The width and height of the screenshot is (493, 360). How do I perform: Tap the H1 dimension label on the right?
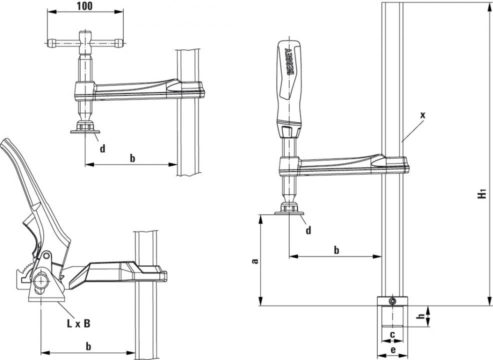point(481,194)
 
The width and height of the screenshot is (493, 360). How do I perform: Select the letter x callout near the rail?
point(422,115)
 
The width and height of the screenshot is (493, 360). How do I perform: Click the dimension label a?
point(254,260)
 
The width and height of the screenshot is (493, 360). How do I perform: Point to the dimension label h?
point(421,316)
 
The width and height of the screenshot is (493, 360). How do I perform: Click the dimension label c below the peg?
point(392,334)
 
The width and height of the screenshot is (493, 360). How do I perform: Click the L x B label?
point(78,323)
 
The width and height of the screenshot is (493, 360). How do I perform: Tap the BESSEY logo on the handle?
point(289,61)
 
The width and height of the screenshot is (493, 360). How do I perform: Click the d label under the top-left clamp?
point(102,148)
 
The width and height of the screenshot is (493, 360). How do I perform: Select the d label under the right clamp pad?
point(308,230)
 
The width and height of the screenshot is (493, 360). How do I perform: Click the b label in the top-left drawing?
point(132,158)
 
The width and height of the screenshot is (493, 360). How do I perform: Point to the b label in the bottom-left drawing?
point(88,346)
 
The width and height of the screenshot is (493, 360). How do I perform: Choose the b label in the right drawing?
point(336,250)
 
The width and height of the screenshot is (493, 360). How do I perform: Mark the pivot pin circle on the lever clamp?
point(46,255)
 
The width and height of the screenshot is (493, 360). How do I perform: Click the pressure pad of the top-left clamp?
point(85,131)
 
